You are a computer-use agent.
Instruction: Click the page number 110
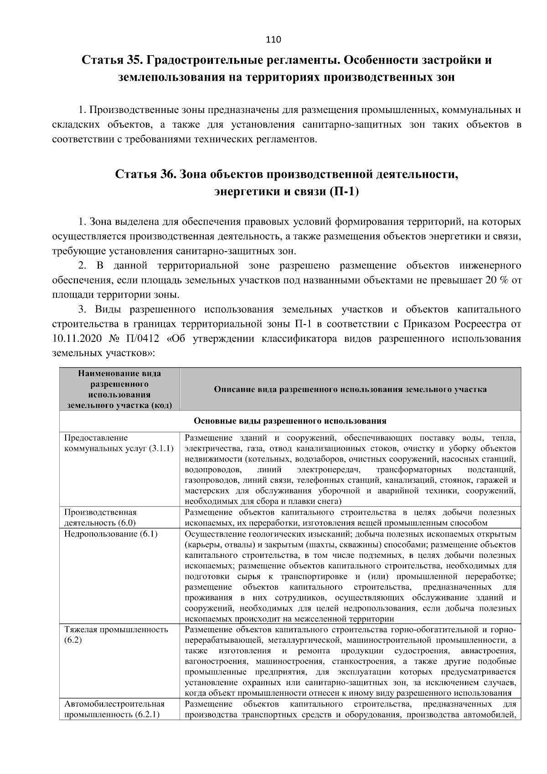point(273,40)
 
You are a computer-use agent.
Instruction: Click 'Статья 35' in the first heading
point(111,60)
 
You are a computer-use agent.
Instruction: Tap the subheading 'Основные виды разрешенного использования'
point(290,421)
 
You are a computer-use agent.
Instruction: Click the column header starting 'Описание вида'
point(350,389)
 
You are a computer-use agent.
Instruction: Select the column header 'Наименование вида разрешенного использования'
point(119,389)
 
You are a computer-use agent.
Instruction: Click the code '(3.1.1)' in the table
point(161,449)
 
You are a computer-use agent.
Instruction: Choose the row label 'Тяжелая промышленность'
point(116,630)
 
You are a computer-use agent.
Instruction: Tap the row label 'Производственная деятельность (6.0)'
point(100,517)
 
